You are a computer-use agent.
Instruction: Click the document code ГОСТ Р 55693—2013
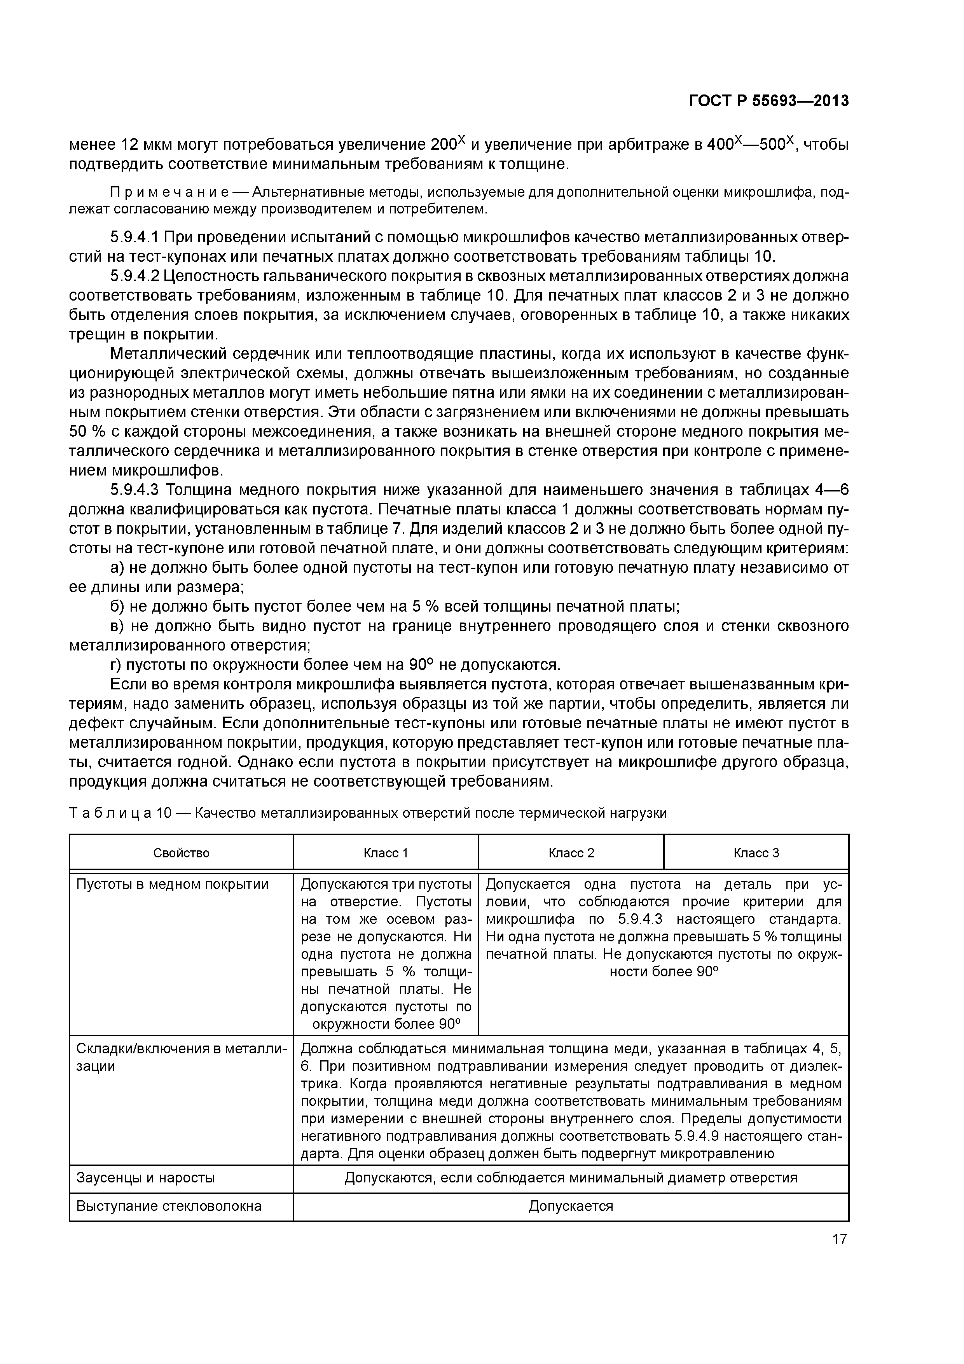click(768, 101)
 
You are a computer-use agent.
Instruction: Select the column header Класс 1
click(386, 853)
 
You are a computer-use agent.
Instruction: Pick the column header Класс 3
click(756, 853)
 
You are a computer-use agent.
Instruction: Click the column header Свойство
click(181, 853)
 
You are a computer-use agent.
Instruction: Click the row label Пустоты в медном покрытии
click(172, 885)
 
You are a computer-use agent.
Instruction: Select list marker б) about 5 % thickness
click(118, 607)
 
